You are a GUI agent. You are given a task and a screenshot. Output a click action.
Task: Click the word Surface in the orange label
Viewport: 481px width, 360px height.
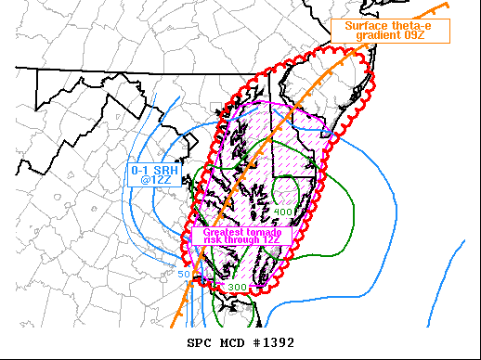point(366,25)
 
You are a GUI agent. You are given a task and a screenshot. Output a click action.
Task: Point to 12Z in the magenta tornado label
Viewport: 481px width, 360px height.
point(276,240)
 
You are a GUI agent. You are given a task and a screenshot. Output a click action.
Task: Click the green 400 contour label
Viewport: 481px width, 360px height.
point(283,212)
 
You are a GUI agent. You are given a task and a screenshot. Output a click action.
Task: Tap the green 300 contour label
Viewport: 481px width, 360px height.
point(237,288)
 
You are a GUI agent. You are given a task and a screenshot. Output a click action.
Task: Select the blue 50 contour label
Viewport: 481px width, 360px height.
point(184,274)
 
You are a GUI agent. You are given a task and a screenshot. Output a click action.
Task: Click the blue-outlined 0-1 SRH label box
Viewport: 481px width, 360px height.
point(152,174)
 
